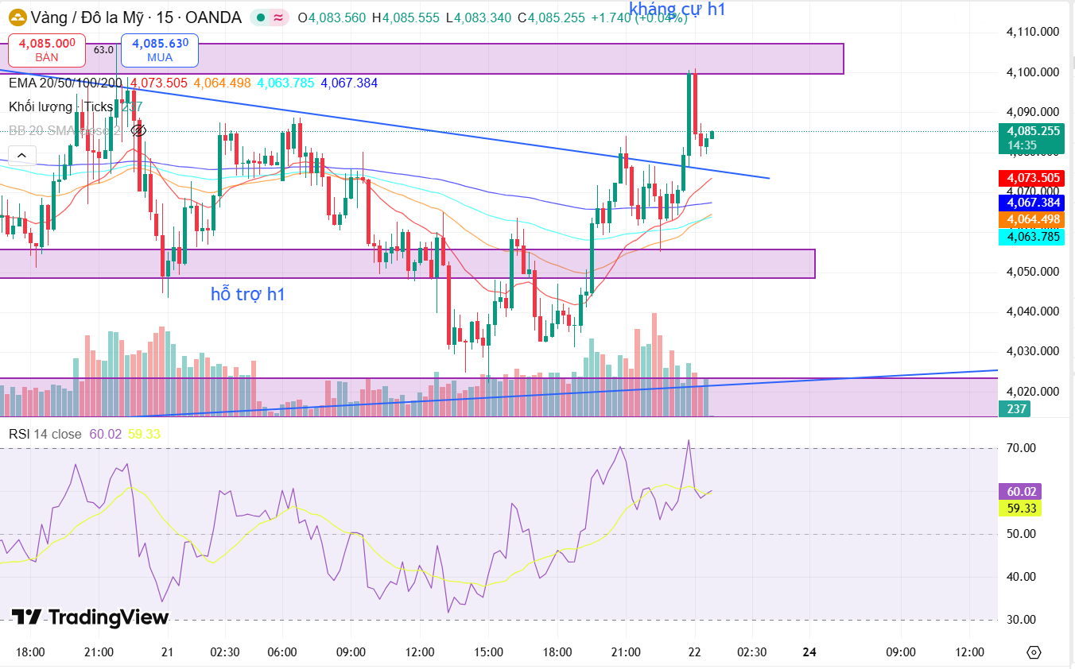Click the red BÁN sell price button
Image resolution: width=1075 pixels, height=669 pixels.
click(47, 49)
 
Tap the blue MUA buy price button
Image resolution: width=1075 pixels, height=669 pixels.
click(160, 49)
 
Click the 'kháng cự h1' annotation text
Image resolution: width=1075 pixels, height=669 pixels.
click(677, 10)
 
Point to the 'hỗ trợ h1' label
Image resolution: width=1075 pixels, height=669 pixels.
click(248, 294)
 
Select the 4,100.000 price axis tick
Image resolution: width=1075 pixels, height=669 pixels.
click(1032, 72)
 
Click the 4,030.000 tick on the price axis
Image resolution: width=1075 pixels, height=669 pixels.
click(1032, 351)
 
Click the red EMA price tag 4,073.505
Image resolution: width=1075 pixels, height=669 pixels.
click(1032, 178)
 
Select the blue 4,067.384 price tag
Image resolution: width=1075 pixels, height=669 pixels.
click(1032, 203)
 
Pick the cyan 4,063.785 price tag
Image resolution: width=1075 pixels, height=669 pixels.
click(1032, 236)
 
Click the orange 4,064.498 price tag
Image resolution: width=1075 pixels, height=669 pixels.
click(1032, 219)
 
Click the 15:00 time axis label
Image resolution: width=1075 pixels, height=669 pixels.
click(488, 652)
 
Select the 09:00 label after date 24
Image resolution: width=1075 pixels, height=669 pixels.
click(900, 652)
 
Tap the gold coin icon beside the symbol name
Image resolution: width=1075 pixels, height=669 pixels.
click(16, 17)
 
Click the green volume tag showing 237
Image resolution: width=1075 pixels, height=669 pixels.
click(1016, 409)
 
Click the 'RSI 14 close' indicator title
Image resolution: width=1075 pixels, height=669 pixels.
click(45, 434)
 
